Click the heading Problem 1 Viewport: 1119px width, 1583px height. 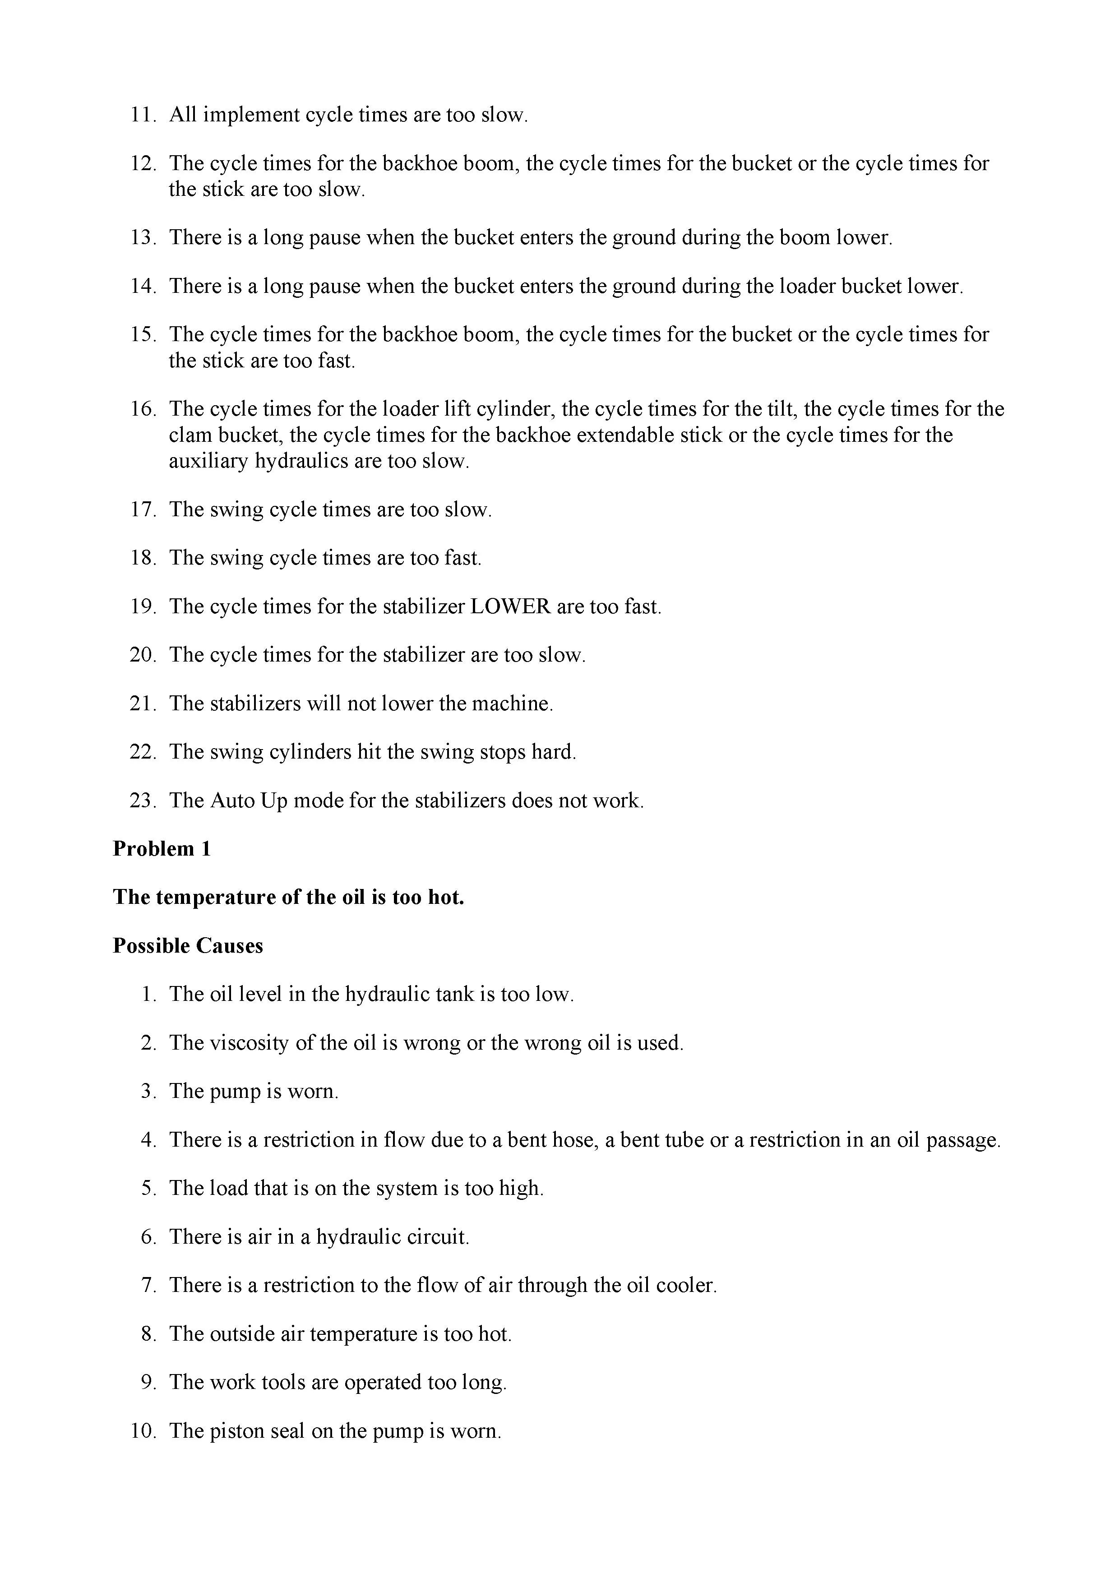click(162, 849)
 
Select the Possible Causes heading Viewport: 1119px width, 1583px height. click(188, 945)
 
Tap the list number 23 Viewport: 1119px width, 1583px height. click(142, 801)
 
